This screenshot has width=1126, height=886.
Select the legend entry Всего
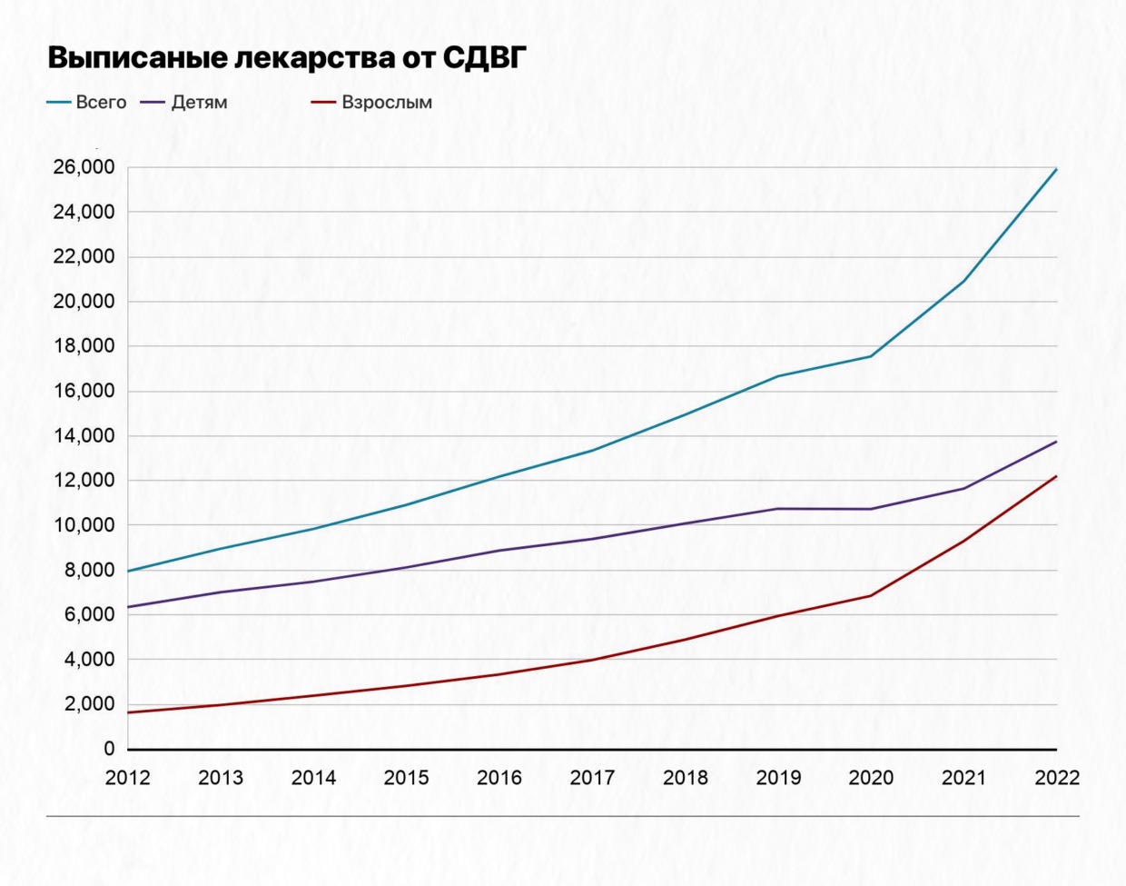click(101, 103)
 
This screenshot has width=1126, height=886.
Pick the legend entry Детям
click(199, 103)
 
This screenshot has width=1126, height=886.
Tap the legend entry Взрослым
click(387, 103)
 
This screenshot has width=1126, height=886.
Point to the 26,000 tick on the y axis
click(84, 167)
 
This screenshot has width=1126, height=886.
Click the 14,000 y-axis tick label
click(84, 436)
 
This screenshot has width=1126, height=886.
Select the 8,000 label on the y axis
click(89, 571)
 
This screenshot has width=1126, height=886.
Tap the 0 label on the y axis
click(109, 749)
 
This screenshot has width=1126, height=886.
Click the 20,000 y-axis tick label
click(84, 302)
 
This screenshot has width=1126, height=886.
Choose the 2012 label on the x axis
click(128, 778)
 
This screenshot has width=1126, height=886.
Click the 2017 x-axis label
click(592, 778)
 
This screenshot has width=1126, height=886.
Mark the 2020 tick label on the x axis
click(871, 778)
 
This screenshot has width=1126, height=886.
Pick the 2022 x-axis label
click(1057, 778)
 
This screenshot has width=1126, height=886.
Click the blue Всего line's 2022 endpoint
click(1056, 170)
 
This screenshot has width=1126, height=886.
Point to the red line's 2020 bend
click(871, 596)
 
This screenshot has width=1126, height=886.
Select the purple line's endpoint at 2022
click(1056, 442)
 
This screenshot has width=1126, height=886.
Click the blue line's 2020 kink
click(871, 356)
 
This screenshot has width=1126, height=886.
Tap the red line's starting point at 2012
click(128, 712)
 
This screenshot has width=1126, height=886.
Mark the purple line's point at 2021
click(963, 489)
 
